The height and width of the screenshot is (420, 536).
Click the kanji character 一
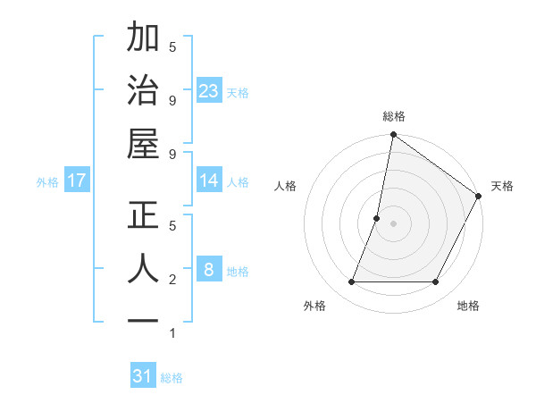tap(144, 320)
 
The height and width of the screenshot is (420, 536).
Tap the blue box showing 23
tap(209, 90)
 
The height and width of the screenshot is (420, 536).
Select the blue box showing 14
tap(209, 181)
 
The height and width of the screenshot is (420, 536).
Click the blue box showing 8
tap(209, 269)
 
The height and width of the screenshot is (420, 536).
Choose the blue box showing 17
tap(77, 181)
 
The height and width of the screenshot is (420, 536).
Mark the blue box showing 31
tap(143, 376)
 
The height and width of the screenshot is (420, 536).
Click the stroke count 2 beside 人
tap(172, 280)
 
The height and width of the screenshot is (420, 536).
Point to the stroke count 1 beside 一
tap(172, 333)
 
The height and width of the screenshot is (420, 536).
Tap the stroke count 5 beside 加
tap(172, 46)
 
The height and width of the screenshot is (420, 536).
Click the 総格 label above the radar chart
tap(393, 116)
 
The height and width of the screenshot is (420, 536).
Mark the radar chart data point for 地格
tap(436, 282)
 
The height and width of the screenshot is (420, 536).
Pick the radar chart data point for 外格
tap(351, 282)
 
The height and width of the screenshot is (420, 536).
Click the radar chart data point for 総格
tap(393, 136)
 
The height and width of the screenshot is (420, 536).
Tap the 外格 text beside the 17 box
tap(47, 182)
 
